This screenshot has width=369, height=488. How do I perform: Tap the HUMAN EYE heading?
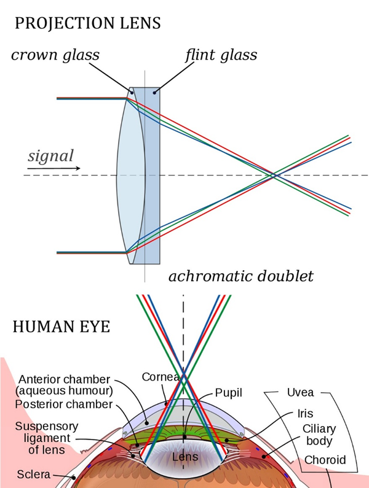61,327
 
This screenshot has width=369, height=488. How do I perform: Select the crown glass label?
55,56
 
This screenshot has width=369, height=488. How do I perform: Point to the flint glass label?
221,56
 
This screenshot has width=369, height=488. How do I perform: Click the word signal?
50,156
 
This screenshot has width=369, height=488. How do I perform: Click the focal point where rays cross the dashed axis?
274,176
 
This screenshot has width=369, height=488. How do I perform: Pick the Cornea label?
157,377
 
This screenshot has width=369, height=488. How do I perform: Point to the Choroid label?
324,460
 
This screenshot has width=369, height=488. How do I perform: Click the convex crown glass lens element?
130,175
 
